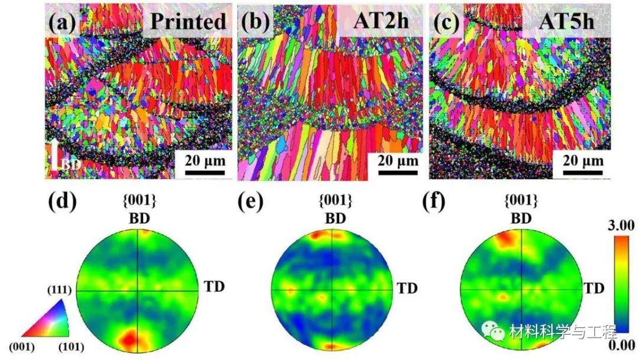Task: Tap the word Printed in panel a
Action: pos(188,21)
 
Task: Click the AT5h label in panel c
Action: pos(568,21)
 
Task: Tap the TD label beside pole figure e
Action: pos(406,288)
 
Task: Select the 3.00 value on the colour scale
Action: pos(620,225)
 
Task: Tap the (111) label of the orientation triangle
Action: pos(61,290)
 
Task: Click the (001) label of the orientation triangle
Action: pos(22,346)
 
